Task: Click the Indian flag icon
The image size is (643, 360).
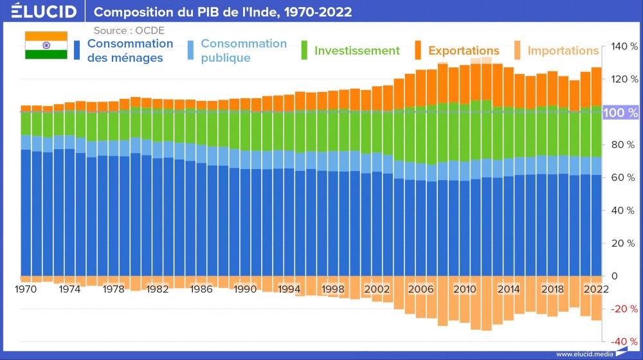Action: click(x=46, y=45)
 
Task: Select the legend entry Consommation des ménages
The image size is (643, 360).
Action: click(x=130, y=50)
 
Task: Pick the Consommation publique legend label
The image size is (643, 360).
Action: click(x=243, y=50)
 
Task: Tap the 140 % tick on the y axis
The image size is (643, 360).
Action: click(x=624, y=47)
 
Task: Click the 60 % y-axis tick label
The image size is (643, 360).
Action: click(x=624, y=178)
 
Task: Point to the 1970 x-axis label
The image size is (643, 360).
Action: click(x=26, y=290)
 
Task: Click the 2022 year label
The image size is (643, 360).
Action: click(x=596, y=290)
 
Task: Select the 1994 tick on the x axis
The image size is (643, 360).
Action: click(x=289, y=290)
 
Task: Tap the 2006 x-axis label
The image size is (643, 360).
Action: click(x=421, y=290)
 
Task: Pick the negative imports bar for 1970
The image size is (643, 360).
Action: click(x=26, y=279)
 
